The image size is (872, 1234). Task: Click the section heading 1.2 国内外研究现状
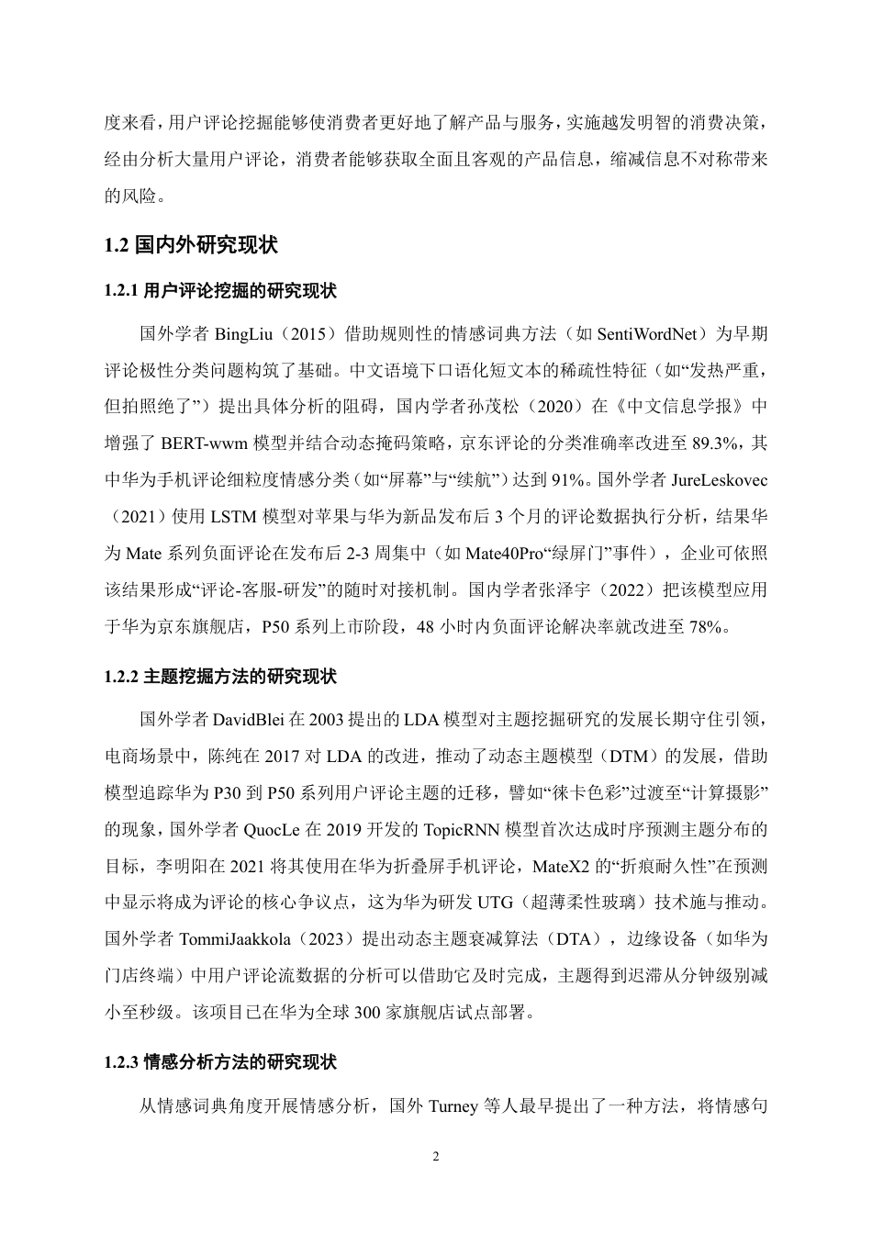coord(191,245)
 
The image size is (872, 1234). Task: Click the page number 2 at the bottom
coord(436,1156)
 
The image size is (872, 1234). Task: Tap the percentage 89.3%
coord(717,443)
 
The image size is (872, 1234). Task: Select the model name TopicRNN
coord(460,828)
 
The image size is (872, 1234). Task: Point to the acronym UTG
coord(494,902)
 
